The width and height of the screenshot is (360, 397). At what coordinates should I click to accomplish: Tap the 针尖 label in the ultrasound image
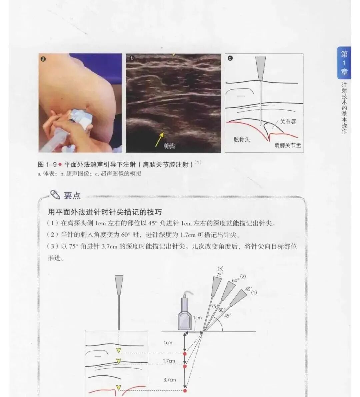[169, 146]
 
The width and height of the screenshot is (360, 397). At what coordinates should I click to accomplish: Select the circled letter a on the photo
[43, 59]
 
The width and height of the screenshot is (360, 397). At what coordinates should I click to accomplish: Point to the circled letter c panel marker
[230, 58]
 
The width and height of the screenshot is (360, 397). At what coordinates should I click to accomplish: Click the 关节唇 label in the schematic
[288, 122]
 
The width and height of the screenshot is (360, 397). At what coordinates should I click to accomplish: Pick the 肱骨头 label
[241, 139]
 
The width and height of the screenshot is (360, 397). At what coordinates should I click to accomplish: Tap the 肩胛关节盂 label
[287, 145]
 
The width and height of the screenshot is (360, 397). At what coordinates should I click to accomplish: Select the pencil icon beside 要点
[55, 194]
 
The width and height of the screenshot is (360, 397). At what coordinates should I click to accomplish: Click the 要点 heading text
[72, 195]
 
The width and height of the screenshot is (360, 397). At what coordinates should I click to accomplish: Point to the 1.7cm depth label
[169, 361]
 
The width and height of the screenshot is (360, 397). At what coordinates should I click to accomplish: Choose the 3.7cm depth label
[169, 380]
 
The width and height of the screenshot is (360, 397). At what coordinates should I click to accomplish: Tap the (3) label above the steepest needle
[220, 269]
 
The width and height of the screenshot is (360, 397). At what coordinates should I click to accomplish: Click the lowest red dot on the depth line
[185, 390]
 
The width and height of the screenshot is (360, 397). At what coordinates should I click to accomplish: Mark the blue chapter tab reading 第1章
[344, 63]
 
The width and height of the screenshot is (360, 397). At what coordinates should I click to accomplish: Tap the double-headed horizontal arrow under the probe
[194, 332]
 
